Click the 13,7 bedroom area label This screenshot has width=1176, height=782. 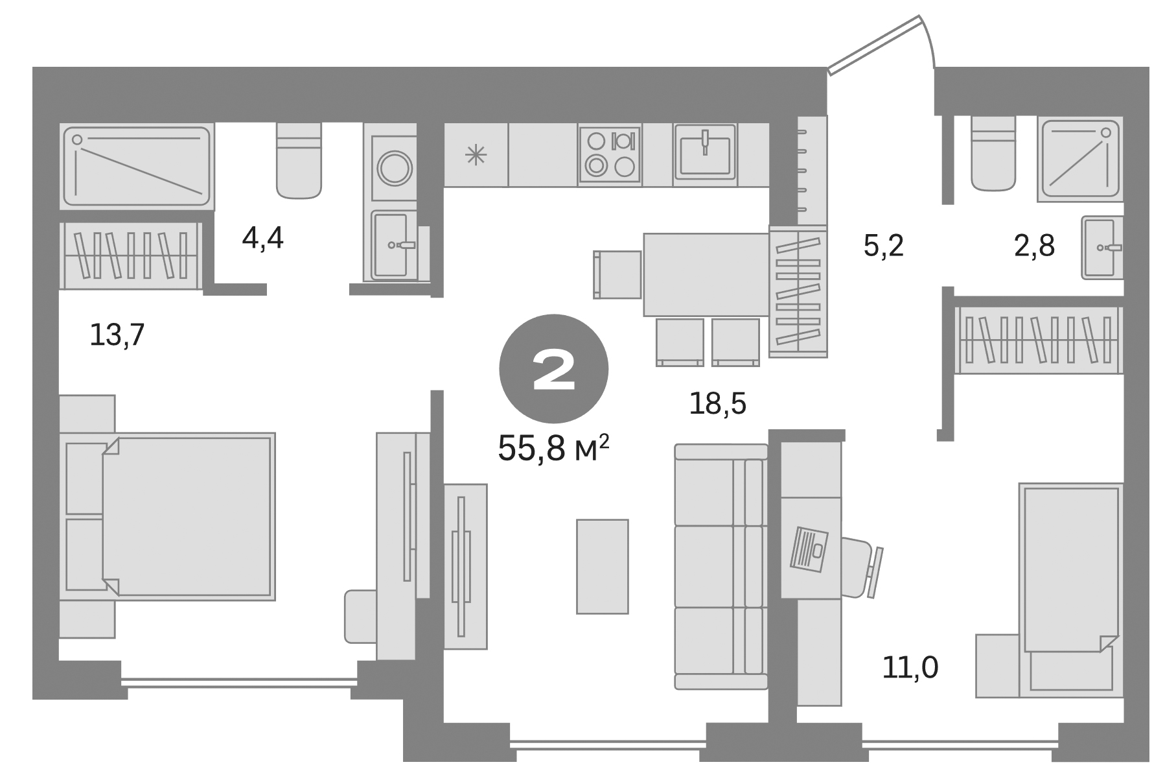pos(117,335)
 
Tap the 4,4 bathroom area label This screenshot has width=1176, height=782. pos(262,239)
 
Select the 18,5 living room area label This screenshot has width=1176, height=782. pos(717,404)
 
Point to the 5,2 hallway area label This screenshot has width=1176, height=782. pos(883,246)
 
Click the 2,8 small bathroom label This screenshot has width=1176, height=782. pos(1034,246)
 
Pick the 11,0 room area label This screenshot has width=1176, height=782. pos(910,667)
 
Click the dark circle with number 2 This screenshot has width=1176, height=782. pos(553,370)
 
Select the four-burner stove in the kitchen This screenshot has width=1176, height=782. pos(609,154)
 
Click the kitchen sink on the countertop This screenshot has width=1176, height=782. pos(705,152)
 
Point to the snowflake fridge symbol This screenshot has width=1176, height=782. pos(476,155)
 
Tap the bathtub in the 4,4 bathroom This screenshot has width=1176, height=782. pos(137,167)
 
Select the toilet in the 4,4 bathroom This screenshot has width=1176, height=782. pos(299,161)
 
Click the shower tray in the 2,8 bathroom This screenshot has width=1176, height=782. pos(1079,160)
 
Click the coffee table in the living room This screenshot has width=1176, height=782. pos(602,566)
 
